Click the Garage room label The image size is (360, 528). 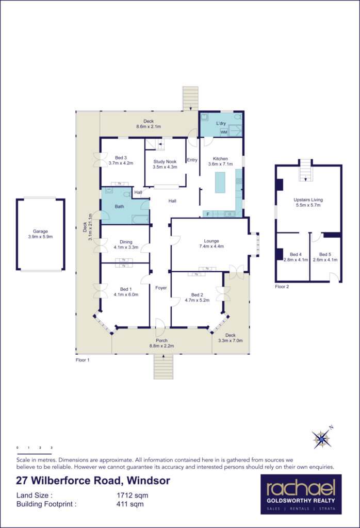point(41,232)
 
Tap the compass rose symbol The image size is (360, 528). point(322,439)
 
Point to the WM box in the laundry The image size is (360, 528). point(224,133)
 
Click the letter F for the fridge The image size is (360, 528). point(208,213)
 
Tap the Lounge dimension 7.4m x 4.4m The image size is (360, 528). point(211,246)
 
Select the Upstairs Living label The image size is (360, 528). point(307,199)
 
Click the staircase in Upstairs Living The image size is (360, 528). point(306,169)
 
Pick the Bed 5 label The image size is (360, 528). point(325,254)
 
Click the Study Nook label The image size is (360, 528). point(165,161)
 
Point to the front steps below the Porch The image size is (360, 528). point(163,367)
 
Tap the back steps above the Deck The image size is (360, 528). point(190,98)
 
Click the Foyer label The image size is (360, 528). point(161,288)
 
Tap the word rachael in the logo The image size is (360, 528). point(301,487)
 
